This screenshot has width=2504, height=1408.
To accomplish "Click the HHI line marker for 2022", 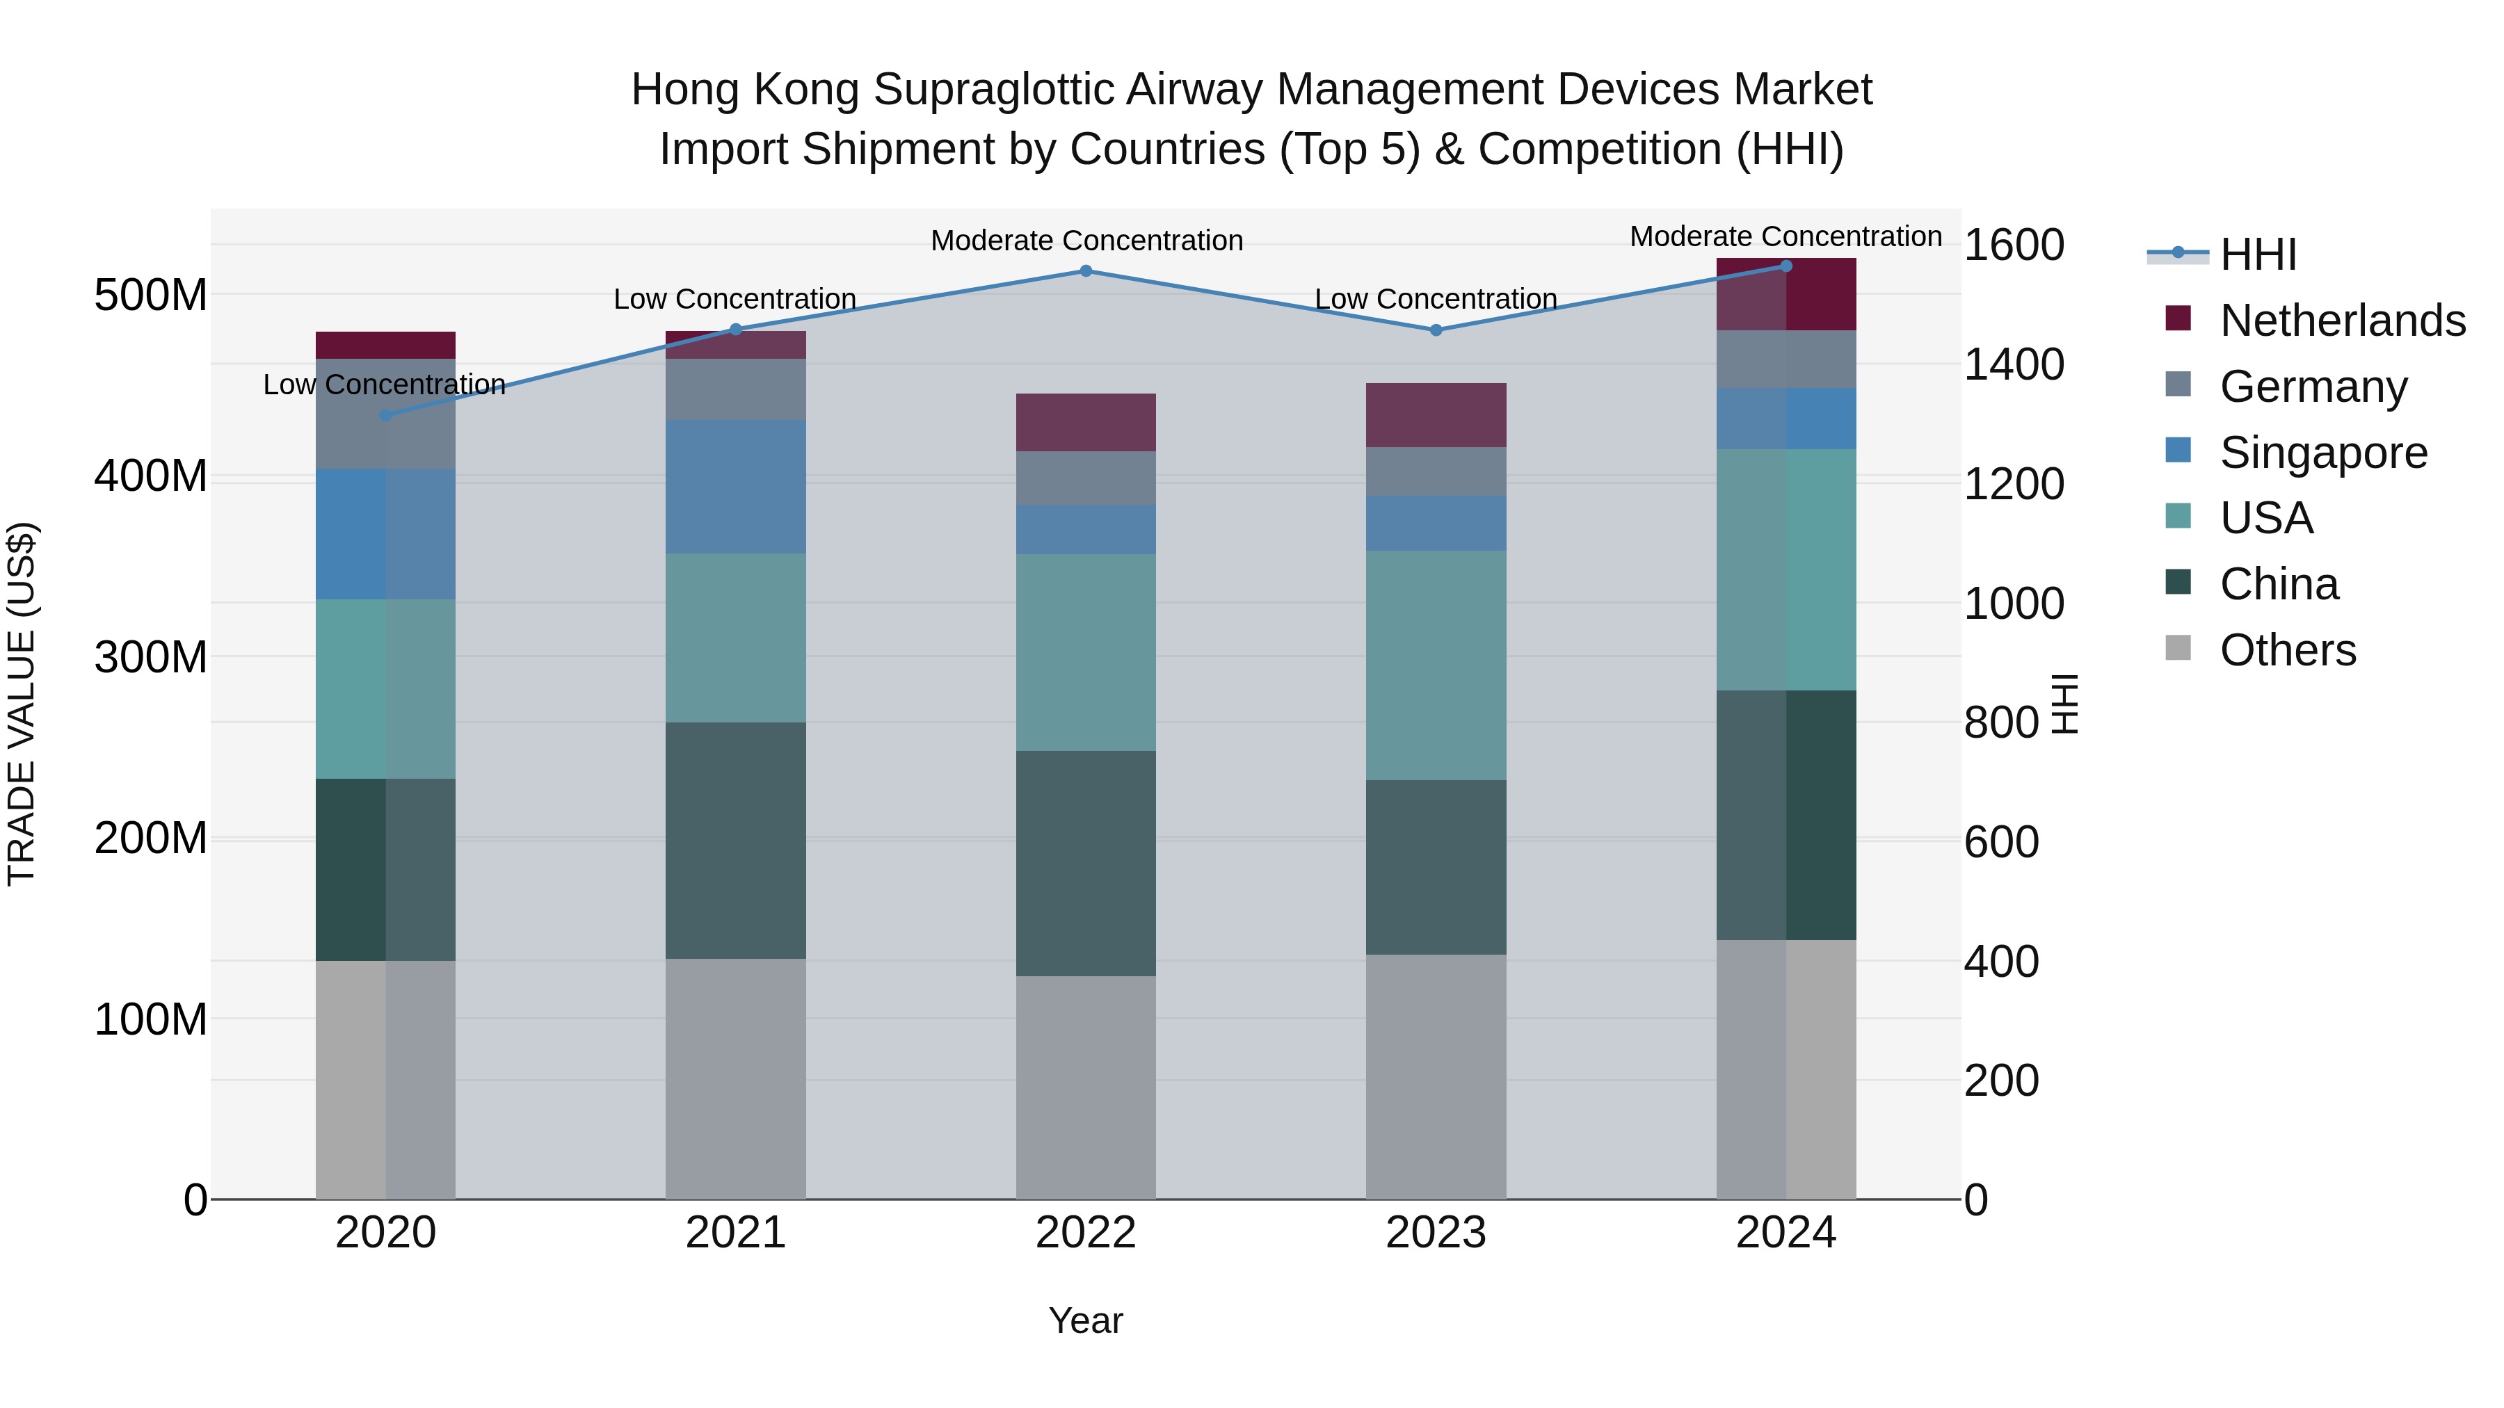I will tap(1086, 271).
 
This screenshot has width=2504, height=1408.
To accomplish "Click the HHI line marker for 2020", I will tap(386, 415).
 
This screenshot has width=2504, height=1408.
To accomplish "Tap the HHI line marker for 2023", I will tap(1436, 330).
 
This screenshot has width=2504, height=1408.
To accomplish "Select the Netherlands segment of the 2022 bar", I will tap(1086, 423).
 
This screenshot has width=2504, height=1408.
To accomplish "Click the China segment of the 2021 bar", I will tap(736, 841).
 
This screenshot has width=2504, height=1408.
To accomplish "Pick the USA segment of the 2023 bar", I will tap(1436, 665).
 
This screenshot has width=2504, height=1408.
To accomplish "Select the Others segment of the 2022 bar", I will tap(1086, 1087).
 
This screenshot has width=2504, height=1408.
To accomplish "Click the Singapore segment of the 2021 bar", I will tap(736, 487).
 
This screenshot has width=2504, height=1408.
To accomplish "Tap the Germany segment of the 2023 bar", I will tap(1436, 472).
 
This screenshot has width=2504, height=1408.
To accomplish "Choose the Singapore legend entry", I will tap(2323, 453).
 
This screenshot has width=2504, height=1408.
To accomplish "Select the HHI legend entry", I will tap(2257, 254).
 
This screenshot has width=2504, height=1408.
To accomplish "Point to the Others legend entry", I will tap(2287, 650).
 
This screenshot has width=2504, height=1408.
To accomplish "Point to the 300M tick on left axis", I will tap(151, 658).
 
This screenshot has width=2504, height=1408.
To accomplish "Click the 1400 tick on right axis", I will tap(2013, 365).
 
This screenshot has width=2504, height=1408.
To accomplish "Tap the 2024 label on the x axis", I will tap(1785, 1233).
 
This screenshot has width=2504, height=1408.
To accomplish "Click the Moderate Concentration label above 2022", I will tap(1086, 241).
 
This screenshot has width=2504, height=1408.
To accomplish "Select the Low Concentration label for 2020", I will tap(384, 385).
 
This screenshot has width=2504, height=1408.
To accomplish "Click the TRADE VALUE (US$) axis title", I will tap(22, 704).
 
